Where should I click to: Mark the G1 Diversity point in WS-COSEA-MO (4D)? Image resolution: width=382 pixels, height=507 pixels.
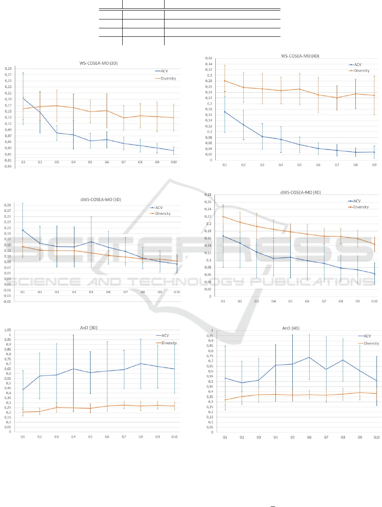coord(224,81)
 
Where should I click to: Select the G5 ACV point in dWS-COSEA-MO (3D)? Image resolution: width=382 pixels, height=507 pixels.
coord(91,242)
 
